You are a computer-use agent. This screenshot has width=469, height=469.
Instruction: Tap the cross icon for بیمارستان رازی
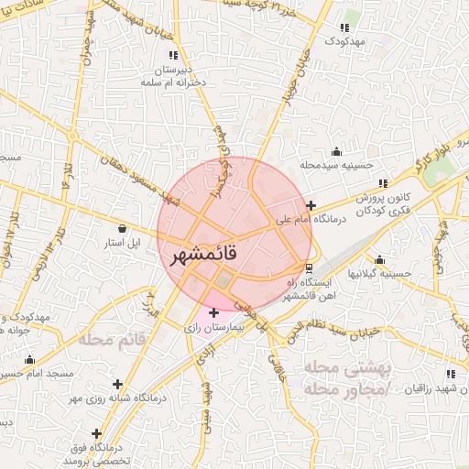click(x=214, y=313)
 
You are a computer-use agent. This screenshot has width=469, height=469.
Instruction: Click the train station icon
click(x=310, y=268)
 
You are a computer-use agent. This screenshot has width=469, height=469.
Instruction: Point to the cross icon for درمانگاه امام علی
click(x=312, y=206)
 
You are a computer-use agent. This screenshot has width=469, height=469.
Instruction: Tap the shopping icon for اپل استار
click(x=123, y=227)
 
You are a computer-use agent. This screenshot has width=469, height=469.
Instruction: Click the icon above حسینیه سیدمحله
click(x=338, y=151)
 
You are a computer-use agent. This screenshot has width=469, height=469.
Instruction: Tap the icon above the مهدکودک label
click(x=344, y=27)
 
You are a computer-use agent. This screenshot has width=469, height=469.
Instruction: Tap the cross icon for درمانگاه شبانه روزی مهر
click(x=116, y=384)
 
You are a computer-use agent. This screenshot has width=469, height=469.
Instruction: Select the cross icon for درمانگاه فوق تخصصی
click(x=96, y=432)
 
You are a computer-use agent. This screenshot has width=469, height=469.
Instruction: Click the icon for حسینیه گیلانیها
click(x=379, y=259)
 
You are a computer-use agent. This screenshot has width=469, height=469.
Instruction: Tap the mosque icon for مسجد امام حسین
click(x=30, y=359)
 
